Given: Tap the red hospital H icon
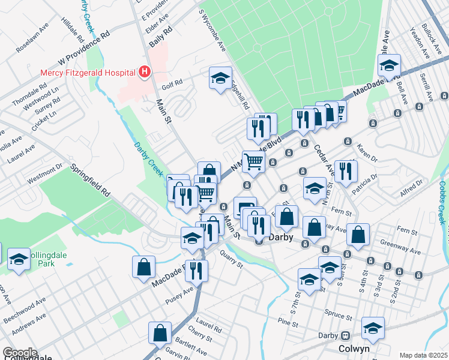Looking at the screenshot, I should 144,73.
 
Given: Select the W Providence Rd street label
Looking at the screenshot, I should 85,47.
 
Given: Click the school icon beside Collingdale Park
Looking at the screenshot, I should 19,260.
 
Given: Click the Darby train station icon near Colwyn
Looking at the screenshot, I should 346,336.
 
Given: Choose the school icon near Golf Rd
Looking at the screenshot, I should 220,77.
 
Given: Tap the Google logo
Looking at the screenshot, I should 20,353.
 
